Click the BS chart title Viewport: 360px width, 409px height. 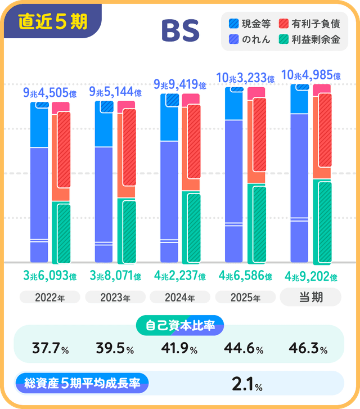(x=180, y=31)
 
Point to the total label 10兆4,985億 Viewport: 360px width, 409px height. (x=310, y=75)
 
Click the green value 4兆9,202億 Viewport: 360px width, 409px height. (x=310, y=277)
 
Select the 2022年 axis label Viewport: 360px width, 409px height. (x=50, y=297)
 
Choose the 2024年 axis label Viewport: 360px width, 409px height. (x=180, y=297)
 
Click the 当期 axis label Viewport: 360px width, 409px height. (x=310, y=297)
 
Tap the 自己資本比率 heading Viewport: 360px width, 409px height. (x=180, y=325)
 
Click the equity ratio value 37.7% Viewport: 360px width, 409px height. (x=50, y=349)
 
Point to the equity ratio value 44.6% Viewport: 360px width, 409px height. (x=244, y=349)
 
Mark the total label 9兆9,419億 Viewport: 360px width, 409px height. (x=180, y=85)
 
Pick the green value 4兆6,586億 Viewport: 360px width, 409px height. (x=245, y=276)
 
